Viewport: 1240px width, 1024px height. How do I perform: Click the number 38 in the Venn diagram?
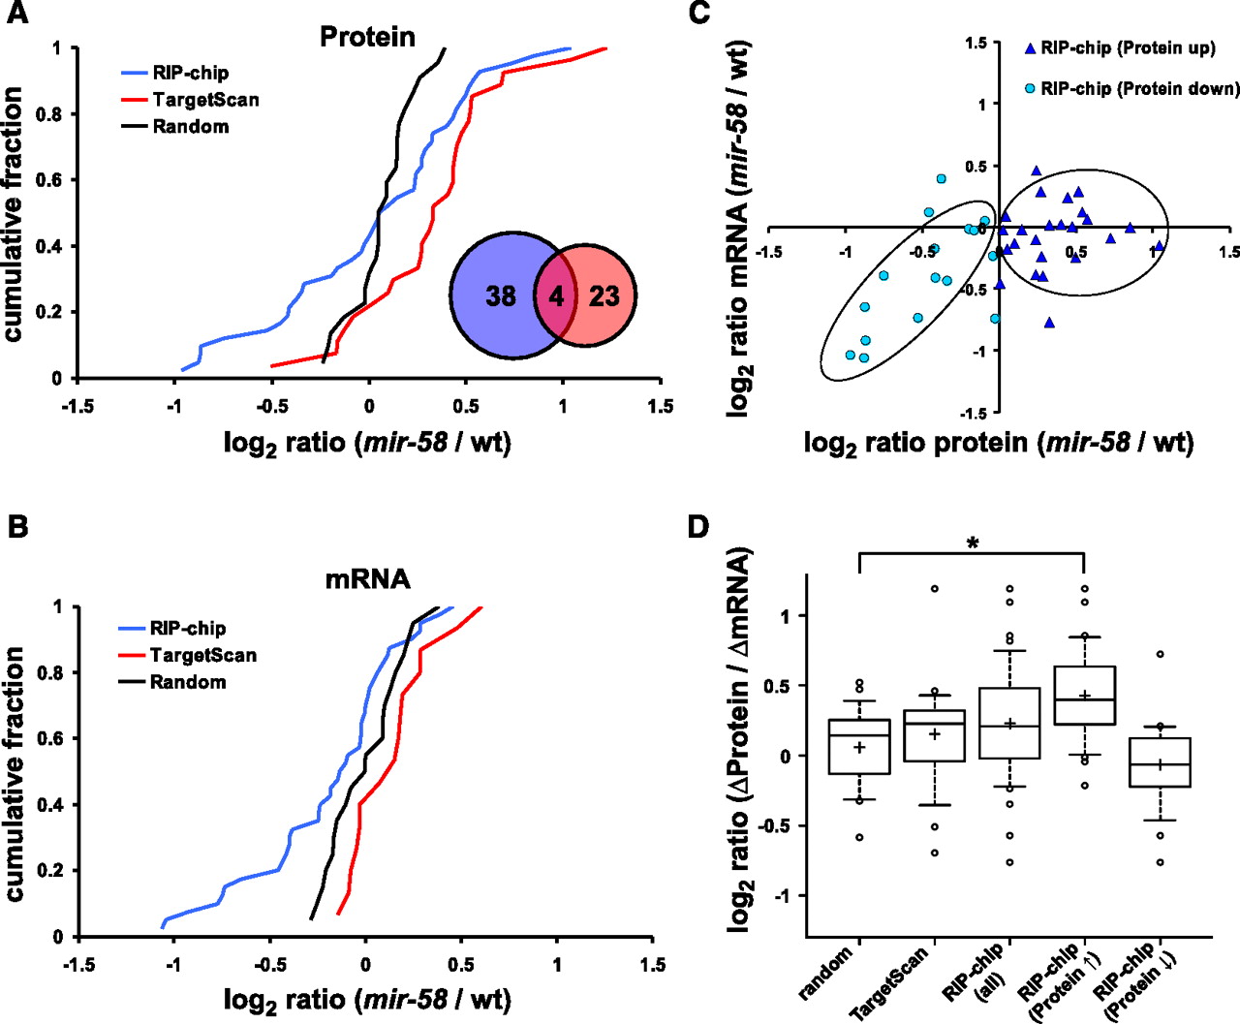point(501,295)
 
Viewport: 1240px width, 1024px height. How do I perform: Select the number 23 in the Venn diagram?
point(604,295)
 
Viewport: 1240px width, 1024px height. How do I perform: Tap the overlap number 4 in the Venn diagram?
point(556,295)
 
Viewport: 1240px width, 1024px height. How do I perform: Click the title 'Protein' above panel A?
point(367,37)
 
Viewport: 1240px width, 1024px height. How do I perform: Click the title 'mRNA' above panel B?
point(367,579)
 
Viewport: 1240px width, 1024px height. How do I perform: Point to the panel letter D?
point(698,527)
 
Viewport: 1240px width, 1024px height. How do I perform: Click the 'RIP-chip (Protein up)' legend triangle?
point(1031,48)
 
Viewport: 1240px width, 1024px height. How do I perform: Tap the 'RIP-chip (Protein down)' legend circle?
point(1031,89)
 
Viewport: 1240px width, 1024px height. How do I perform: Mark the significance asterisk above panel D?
point(973,543)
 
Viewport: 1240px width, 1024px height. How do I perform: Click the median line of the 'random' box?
point(859,735)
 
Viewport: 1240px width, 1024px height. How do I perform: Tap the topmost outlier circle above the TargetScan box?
point(935,589)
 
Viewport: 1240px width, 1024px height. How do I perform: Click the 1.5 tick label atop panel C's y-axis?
point(976,43)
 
